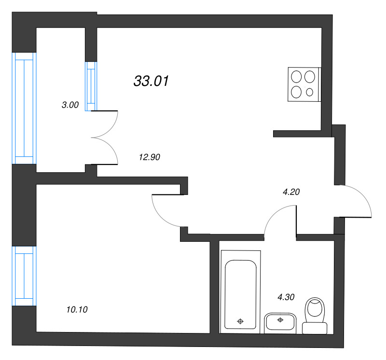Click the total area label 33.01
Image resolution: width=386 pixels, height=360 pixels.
(151, 81)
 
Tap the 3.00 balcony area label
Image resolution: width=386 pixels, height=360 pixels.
(70, 105)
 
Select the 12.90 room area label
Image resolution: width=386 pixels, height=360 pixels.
(150, 157)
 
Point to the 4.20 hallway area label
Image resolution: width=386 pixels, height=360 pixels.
(291, 192)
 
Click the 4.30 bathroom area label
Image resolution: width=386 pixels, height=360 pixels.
(286, 297)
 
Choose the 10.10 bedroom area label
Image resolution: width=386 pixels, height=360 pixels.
(77, 309)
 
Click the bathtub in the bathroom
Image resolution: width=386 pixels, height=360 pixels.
(240, 292)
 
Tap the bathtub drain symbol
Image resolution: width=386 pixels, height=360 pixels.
(240, 321)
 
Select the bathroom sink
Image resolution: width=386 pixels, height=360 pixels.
(280, 323)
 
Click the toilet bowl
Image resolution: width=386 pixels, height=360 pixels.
(315, 310)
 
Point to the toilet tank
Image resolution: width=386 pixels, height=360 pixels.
(315, 328)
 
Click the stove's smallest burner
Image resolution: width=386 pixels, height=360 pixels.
(309, 92)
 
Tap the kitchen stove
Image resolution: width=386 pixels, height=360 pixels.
(304, 84)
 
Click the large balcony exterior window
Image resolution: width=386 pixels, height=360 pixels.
(24, 108)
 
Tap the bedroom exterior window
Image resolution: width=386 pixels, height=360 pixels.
(24, 276)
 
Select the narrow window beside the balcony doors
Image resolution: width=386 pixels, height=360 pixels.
(91, 86)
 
